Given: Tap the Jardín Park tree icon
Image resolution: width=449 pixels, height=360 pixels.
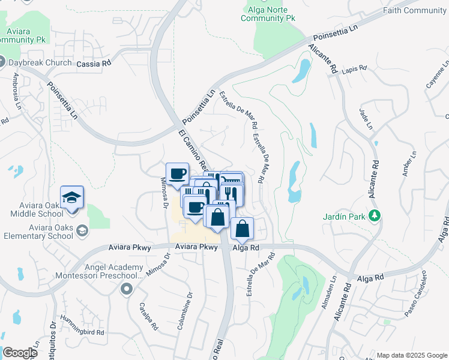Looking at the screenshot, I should click(x=376, y=215).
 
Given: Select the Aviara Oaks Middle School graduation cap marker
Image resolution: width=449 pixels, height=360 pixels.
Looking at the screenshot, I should click(x=72, y=197).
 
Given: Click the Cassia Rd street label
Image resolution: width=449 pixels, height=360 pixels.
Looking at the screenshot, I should click(x=94, y=63).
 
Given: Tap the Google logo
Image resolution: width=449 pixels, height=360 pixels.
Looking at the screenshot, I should click(x=20, y=353).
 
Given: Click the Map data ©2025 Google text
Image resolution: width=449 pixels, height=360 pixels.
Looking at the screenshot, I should click(x=411, y=355).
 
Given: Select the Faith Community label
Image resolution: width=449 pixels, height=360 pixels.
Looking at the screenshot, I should click(x=416, y=10).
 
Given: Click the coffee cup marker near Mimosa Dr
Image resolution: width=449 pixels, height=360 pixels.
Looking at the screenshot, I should click(x=177, y=175).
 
